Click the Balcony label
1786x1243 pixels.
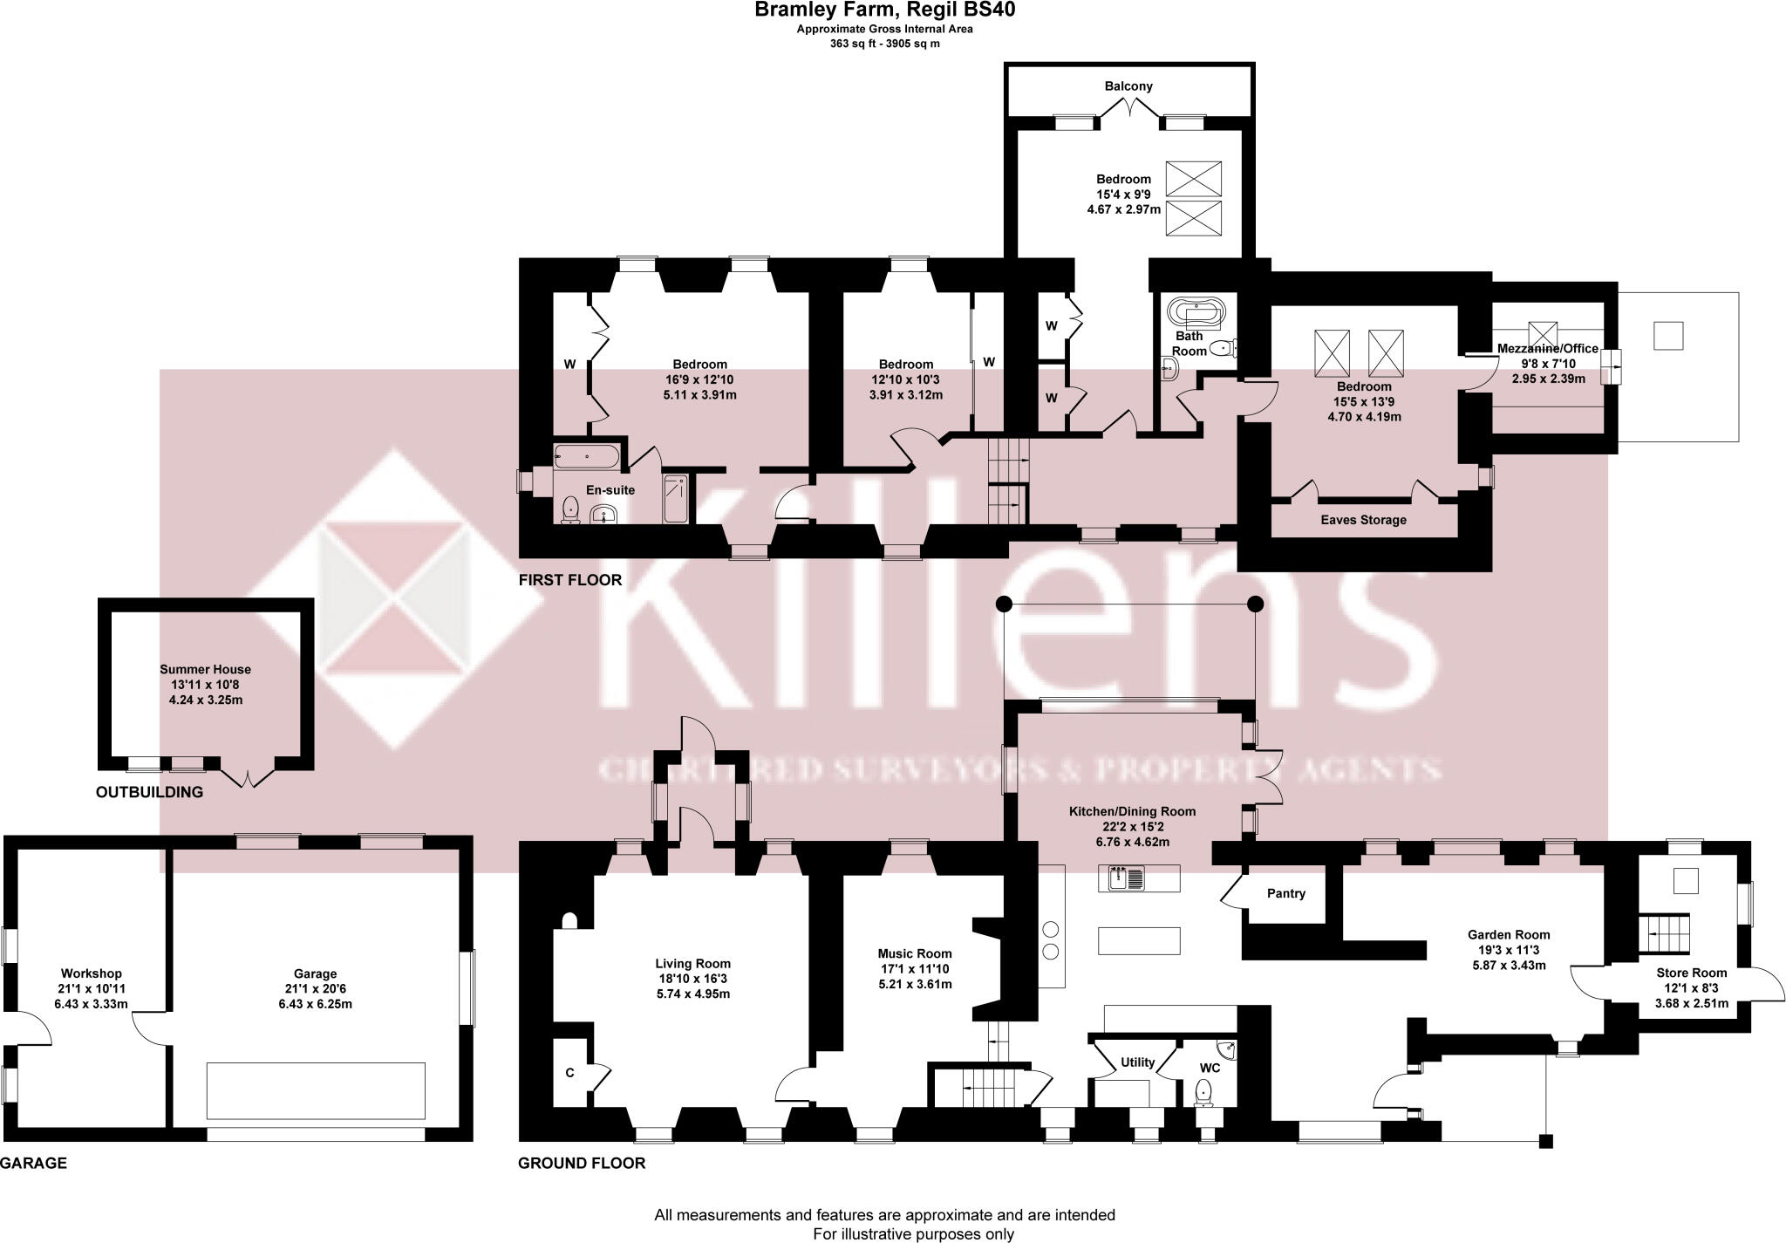pos(1128,86)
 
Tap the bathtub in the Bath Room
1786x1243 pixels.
pos(1196,311)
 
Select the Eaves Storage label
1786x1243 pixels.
pos(1363,520)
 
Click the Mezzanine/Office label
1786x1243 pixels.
pos(1548,349)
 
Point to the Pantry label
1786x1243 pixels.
pos(1285,893)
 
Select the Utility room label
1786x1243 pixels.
pos(1137,1062)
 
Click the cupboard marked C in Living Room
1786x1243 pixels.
pos(569,1073)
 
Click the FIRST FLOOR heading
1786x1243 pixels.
pos(569,580)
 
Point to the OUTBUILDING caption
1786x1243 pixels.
pos(149,792)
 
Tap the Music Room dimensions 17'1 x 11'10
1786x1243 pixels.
pos(915,969)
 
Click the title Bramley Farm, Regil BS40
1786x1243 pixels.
pos(884,10)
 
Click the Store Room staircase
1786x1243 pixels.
pos(1665,934)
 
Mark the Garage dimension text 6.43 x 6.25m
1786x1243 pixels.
pos(315,1004)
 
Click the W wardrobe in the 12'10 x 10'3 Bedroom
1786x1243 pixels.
pos(989,362)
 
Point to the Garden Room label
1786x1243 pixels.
pos(1509,934)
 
